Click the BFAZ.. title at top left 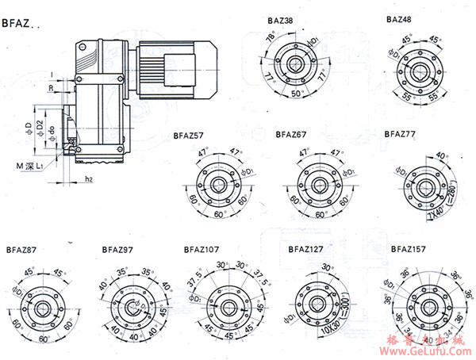click(21, 25)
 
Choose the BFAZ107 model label click(202, 248)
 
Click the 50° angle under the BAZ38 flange click(296, 94)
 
